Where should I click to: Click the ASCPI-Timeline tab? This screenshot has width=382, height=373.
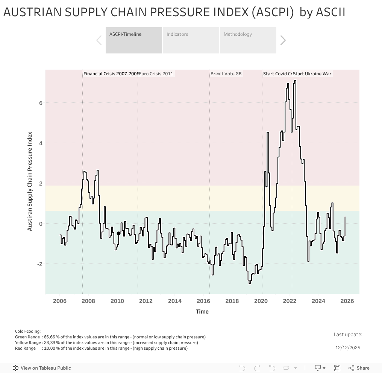pyautogui.click(x=133, y=40)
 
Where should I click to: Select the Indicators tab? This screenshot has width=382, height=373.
pyautogui.click(x=191, y=40)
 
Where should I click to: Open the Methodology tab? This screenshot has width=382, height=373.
pyautogui.click(x=248, y=40)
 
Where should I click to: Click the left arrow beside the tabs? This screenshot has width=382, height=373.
pyautogui.click(x=99, y=40)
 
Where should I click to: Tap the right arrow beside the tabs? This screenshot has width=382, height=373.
pyautogui.click(x=283, y=40)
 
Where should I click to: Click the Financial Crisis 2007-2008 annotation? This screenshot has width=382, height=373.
pyautogui.click(x=111, y=74)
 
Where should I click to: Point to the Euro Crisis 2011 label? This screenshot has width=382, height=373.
pyautogui.click(x=156, y=74)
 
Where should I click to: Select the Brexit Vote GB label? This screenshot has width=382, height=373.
pyautogui.click(x=226, y=74)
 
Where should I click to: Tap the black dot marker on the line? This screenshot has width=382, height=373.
pyautogui.click(x=119, y=233)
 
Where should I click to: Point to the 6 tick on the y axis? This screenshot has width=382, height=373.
pyautogui.click(x=41, y=103)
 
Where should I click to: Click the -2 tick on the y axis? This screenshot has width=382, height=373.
pyautogui.click(x=39, y=264)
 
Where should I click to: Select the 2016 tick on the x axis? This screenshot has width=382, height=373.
pyautogui.click(x=203, y=301)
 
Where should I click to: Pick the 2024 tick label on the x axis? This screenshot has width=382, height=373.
pyautogui.click(x=318, y=301)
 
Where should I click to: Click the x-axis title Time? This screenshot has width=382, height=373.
pyautogui.click(x=202, y=312)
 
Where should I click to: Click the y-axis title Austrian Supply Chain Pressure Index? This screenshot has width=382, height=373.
pyautogui.click(x=30, y=181)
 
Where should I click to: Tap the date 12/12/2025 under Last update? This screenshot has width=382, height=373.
pyautogui.click(x=348, y=348)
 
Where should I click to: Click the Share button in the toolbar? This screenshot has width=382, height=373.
pyautogui.click(x=359, y=368)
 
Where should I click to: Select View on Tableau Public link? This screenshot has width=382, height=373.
pyautogui.click(x=42, y=368)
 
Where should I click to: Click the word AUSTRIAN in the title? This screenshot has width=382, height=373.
pyautogui.click(x=32, y=12)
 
